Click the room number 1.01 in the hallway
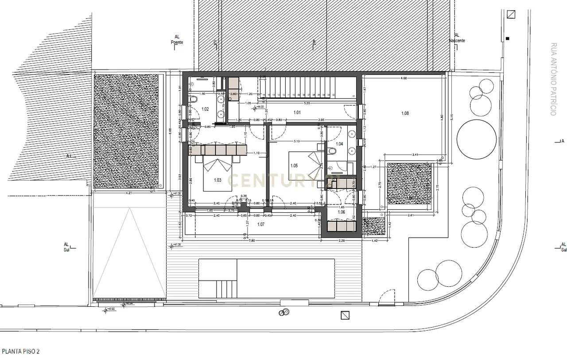tap(297, 113)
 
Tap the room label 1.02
tap(205, 109)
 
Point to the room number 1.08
tap(405, 113)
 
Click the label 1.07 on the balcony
tap(260, 224)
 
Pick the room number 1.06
tap(341, 212)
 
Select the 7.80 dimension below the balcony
tap(251, 241)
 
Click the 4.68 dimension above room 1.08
tap(404, 78)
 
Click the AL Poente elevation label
tap(177, 40)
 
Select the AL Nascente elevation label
tap(457, 38)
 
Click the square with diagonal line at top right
tap(511, 14)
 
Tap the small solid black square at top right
tap(508, 39)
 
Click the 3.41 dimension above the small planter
tap(415, 155)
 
